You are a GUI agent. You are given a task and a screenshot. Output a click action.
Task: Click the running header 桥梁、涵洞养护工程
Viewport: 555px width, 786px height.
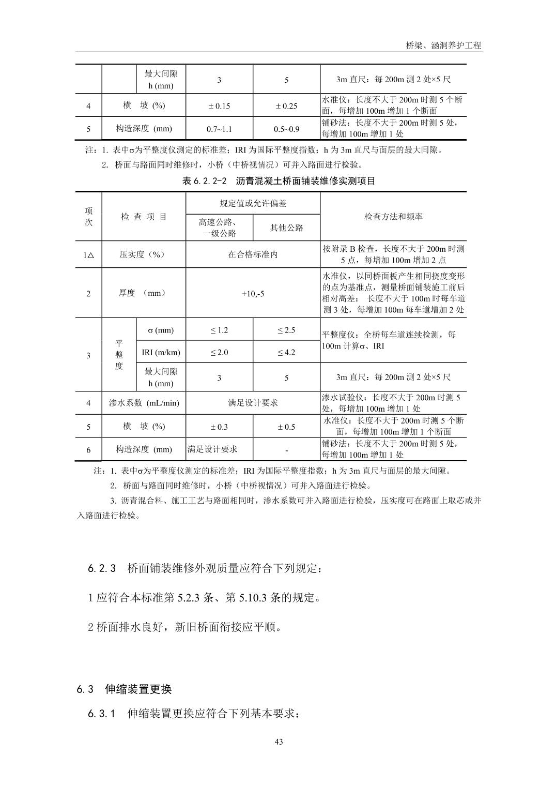pos(443,46)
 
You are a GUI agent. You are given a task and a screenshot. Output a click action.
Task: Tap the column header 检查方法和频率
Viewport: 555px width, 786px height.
pos(393,217)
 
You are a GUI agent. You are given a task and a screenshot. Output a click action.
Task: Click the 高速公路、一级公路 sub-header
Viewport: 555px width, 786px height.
pos(219,228)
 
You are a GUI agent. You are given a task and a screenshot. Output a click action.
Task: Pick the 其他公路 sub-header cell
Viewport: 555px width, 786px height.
pos(286,228)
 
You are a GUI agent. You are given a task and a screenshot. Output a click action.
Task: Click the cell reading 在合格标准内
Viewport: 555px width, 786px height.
pos(253,254)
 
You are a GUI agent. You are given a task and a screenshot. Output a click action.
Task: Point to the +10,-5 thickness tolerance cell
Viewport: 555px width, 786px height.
pos(253,293)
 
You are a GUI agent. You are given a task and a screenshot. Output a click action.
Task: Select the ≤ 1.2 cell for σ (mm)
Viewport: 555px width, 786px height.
pos(219,330)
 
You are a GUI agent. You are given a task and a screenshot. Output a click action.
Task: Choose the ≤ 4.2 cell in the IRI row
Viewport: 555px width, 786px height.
pos(286,353)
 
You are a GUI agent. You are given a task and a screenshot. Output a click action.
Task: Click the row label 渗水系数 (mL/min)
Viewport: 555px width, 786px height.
pos(144,403)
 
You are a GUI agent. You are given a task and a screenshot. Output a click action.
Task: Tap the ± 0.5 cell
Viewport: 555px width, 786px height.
pos(286,427)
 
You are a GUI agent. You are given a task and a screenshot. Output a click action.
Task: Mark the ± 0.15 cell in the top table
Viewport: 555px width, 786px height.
pos(219,106)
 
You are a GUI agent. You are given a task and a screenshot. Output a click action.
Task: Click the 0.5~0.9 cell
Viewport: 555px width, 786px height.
pos(286,129)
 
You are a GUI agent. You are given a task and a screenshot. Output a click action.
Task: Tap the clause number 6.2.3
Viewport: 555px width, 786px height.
pos(102,568)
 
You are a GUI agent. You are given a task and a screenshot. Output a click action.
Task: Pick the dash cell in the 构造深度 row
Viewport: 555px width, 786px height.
pos(286,450)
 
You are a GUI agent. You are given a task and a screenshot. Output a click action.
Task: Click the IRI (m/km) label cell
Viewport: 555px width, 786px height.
pos(161,353)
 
